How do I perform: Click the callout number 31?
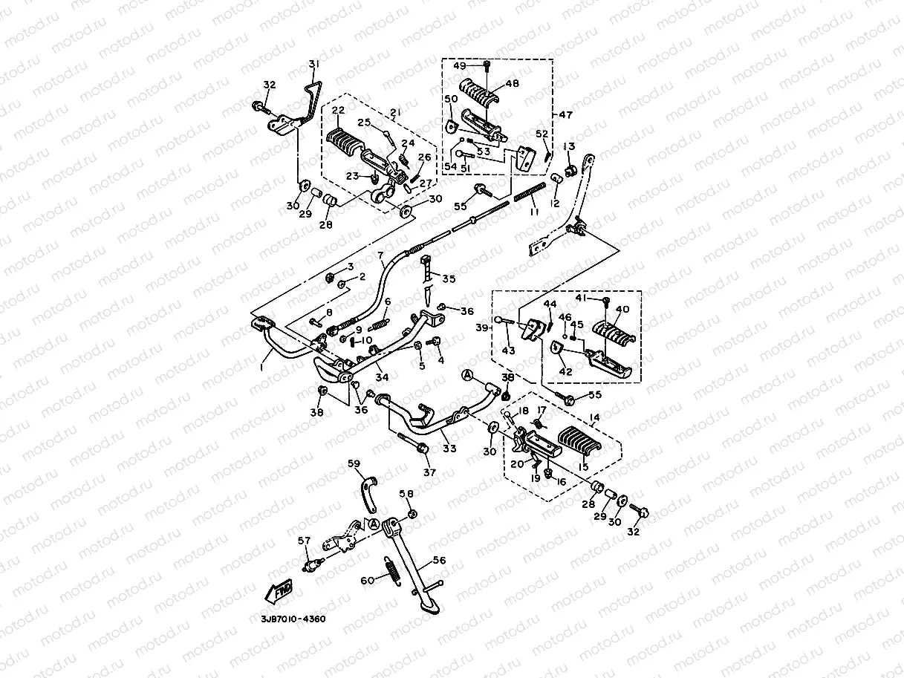click(x=313, y=65)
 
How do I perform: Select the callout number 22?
click(x=338, y=110)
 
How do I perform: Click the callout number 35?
click(x=449, y=279)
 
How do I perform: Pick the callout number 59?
click(x=354, y=463)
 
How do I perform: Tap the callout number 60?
click(x=366, y=581)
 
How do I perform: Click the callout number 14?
click(x=594, y=418)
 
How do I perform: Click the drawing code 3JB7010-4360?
click(x=293, y=619)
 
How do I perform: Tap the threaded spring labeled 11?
click(x=524, y=199)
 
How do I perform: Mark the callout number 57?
click(x=304, y=540)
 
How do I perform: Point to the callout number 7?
click(x=380, y=256)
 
